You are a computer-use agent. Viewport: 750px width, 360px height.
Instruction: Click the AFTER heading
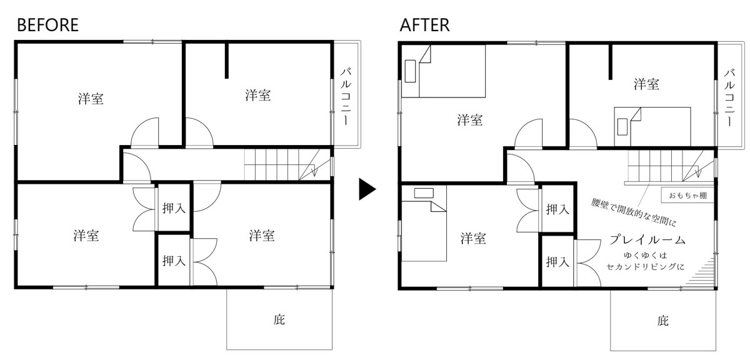(424, 25)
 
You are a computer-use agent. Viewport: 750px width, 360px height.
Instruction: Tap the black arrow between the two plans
(367, 190)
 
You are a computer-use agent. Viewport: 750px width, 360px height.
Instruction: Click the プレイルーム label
(647, 240)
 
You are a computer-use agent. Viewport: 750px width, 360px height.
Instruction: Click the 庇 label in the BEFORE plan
(279, 321)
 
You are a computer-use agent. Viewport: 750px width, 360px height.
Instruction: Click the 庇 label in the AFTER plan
(662, 321)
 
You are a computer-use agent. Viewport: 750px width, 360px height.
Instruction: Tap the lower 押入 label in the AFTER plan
(557, 261)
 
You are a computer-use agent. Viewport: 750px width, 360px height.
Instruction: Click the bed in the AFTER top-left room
(452, 74)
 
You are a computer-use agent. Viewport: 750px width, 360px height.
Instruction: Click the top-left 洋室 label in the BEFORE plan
(91, 99)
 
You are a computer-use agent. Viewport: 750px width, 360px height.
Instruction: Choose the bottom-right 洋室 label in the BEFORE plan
(262, 236)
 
